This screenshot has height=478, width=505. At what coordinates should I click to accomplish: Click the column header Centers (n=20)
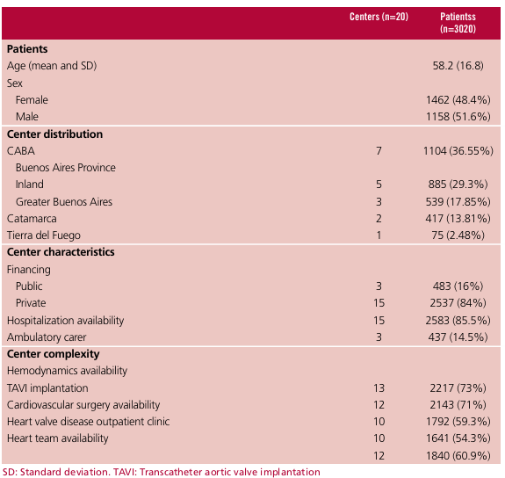[379, 17]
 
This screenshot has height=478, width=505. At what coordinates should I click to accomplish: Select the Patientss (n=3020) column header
[458, 23]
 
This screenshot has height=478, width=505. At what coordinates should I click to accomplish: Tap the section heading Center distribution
[54, 134]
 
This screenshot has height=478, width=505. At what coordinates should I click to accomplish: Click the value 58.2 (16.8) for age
[458, 66]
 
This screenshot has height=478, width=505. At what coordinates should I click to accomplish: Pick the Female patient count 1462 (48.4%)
[458, 100]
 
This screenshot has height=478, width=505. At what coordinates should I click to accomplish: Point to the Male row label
[27, 117]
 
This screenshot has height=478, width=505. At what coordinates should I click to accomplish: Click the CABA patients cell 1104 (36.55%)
[458, 151]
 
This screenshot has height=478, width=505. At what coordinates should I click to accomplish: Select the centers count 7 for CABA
[379, 151]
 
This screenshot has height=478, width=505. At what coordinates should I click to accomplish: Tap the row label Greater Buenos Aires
[64, 202]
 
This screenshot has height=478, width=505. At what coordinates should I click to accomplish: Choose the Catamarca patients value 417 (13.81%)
[458, 219]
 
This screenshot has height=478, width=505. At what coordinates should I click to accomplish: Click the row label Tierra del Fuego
[44, 235]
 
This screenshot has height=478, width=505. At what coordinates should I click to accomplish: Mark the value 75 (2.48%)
[458, 235]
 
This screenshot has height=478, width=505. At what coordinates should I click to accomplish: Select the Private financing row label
[31, 303]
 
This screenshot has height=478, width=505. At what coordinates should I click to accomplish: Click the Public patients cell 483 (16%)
[458, 286]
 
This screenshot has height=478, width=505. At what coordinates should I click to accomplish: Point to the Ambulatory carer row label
[47, 337]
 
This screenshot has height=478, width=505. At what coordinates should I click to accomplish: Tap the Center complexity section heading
[54, 354]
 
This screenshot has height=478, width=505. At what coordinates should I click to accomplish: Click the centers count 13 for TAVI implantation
[379, 388]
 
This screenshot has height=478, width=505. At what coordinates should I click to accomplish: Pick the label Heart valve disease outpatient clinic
[88, 422]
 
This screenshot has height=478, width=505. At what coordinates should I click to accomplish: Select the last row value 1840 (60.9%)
[458, 456]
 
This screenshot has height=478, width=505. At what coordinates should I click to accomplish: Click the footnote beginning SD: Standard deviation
[162, 472]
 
